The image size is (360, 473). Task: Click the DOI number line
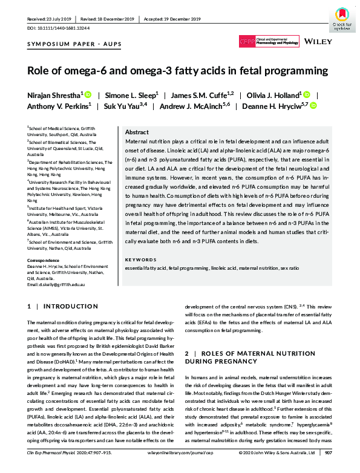[x=57, y=28]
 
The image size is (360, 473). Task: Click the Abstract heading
[x=137, y=132]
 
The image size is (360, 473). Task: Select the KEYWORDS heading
[x=140, y=259]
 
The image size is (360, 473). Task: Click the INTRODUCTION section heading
[x=67, y=307]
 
